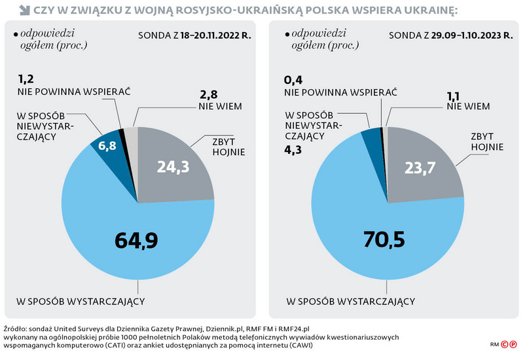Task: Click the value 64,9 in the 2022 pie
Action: (x=137, y=240)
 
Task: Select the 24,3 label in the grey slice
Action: (x=173, y=168)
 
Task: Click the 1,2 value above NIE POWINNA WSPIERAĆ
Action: (x=27, y=79)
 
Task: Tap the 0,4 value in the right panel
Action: (x=293, y=80)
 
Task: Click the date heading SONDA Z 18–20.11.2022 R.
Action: (x=195, y=34)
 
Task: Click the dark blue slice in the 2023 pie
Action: (x=371, y=136)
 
